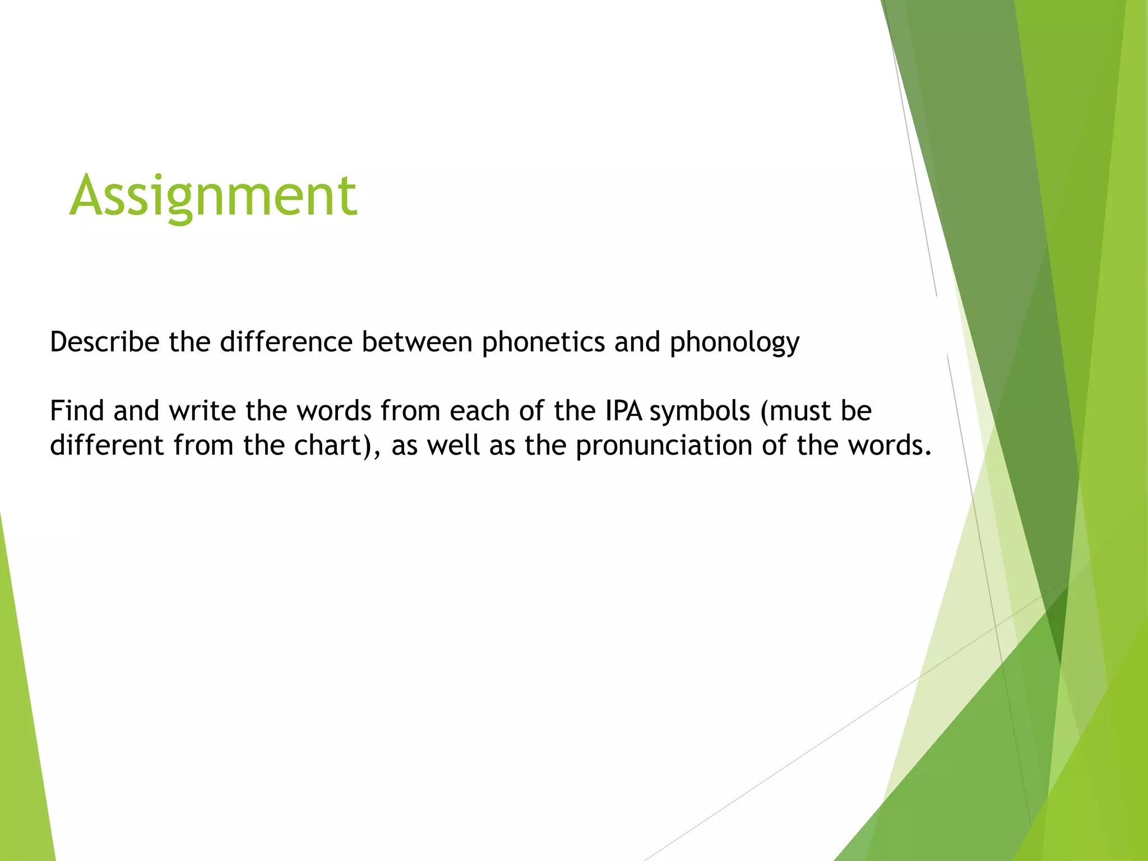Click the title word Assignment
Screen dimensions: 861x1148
[213, 196]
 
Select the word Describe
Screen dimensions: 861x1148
[105, 342]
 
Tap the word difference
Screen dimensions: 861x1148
[286, 342]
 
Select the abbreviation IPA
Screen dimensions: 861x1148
[623, 411]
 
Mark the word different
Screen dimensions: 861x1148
[107, 446]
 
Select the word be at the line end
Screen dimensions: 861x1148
[855, 411]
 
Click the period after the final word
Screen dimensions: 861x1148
[928, 453]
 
